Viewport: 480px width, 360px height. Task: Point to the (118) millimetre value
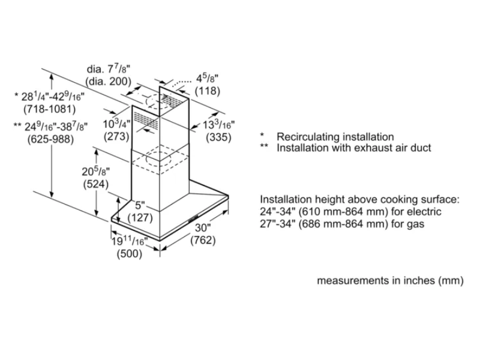208,92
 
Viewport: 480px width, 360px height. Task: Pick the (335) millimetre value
219,137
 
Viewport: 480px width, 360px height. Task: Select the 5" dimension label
140,205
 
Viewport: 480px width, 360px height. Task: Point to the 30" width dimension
203,228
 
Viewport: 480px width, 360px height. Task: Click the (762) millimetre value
203,241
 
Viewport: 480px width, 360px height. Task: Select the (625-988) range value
50,139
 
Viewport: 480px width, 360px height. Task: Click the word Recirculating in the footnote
306,137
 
